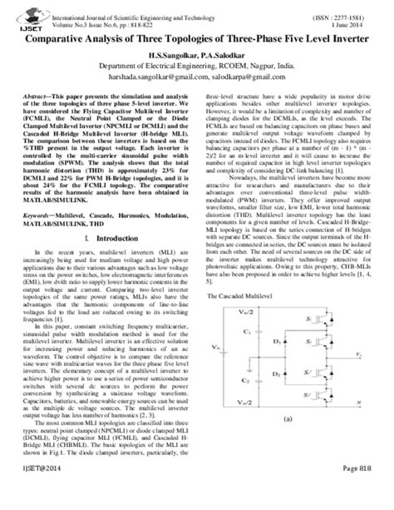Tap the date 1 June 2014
coord(354,17)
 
